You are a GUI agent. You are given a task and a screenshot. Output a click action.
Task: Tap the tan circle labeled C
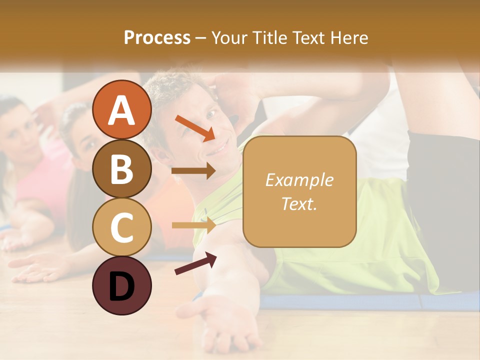pyautogui.click(x=122, y=227)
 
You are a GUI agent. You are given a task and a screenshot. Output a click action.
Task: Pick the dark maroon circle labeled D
pyautogui.click(x=122, y=285)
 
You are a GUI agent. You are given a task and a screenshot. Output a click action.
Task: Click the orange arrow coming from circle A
pyautogui.click(x=195, y=128)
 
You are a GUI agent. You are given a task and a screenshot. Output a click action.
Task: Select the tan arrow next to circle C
pyautogui.click(x=194, y=225)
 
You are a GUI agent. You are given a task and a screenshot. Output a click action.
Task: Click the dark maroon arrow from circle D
pyautogui.click(x=195, y=263)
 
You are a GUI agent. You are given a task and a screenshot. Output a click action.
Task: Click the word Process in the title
pyautogui.click(x=157, y=37)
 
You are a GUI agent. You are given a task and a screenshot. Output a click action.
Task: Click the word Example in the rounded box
pyautogui.click(x=299, y=180)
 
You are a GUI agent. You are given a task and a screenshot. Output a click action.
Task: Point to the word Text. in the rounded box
pyautogui.click(x=299, y=203)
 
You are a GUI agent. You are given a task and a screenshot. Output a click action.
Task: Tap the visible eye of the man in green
pyautogui.click(x=211, y=115)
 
